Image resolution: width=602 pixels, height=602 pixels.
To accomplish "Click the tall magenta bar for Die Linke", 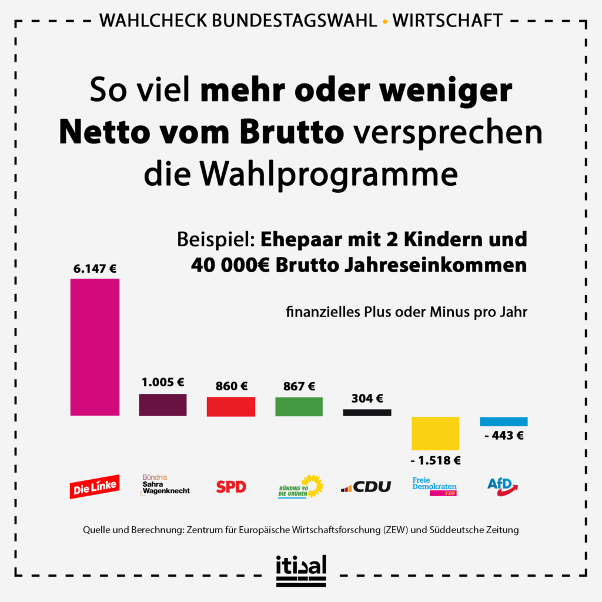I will (x=95, y=347).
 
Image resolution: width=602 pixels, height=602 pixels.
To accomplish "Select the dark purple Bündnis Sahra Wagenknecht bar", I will (x=163, y=405).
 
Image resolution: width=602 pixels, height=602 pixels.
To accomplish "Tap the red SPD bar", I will (x=230, y=407).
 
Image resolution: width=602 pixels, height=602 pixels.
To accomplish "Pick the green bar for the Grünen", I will (x=299, y=407).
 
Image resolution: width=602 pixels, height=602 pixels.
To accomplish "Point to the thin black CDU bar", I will (x=367, y=413).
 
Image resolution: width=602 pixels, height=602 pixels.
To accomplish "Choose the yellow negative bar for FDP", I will (x=435, y=433).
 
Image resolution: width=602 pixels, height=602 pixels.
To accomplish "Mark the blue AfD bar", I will (x=504, y=422).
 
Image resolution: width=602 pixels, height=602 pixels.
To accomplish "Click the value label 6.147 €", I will (x=95, y=269).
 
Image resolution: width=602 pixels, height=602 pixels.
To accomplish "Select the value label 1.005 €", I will (x=163, y=382).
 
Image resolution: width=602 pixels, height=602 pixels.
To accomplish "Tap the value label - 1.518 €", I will (x=436, y=460).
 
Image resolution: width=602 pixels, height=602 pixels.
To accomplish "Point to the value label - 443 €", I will (x=504, y=436).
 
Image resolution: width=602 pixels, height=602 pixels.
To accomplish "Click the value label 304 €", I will (x=367, y=399).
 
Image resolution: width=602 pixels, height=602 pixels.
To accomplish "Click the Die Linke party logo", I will (x=94, y=486).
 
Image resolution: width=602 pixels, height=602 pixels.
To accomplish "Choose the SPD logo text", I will (x=231, y=487).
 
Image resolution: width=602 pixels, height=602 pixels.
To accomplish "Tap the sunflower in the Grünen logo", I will (x=313, y=485).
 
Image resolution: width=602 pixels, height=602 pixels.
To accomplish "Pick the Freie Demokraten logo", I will (x=434, y=486).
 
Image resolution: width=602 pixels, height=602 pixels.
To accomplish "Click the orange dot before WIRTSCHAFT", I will (x=384, y=22).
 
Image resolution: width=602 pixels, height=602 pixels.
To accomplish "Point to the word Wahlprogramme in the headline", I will (x=300, y=174).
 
